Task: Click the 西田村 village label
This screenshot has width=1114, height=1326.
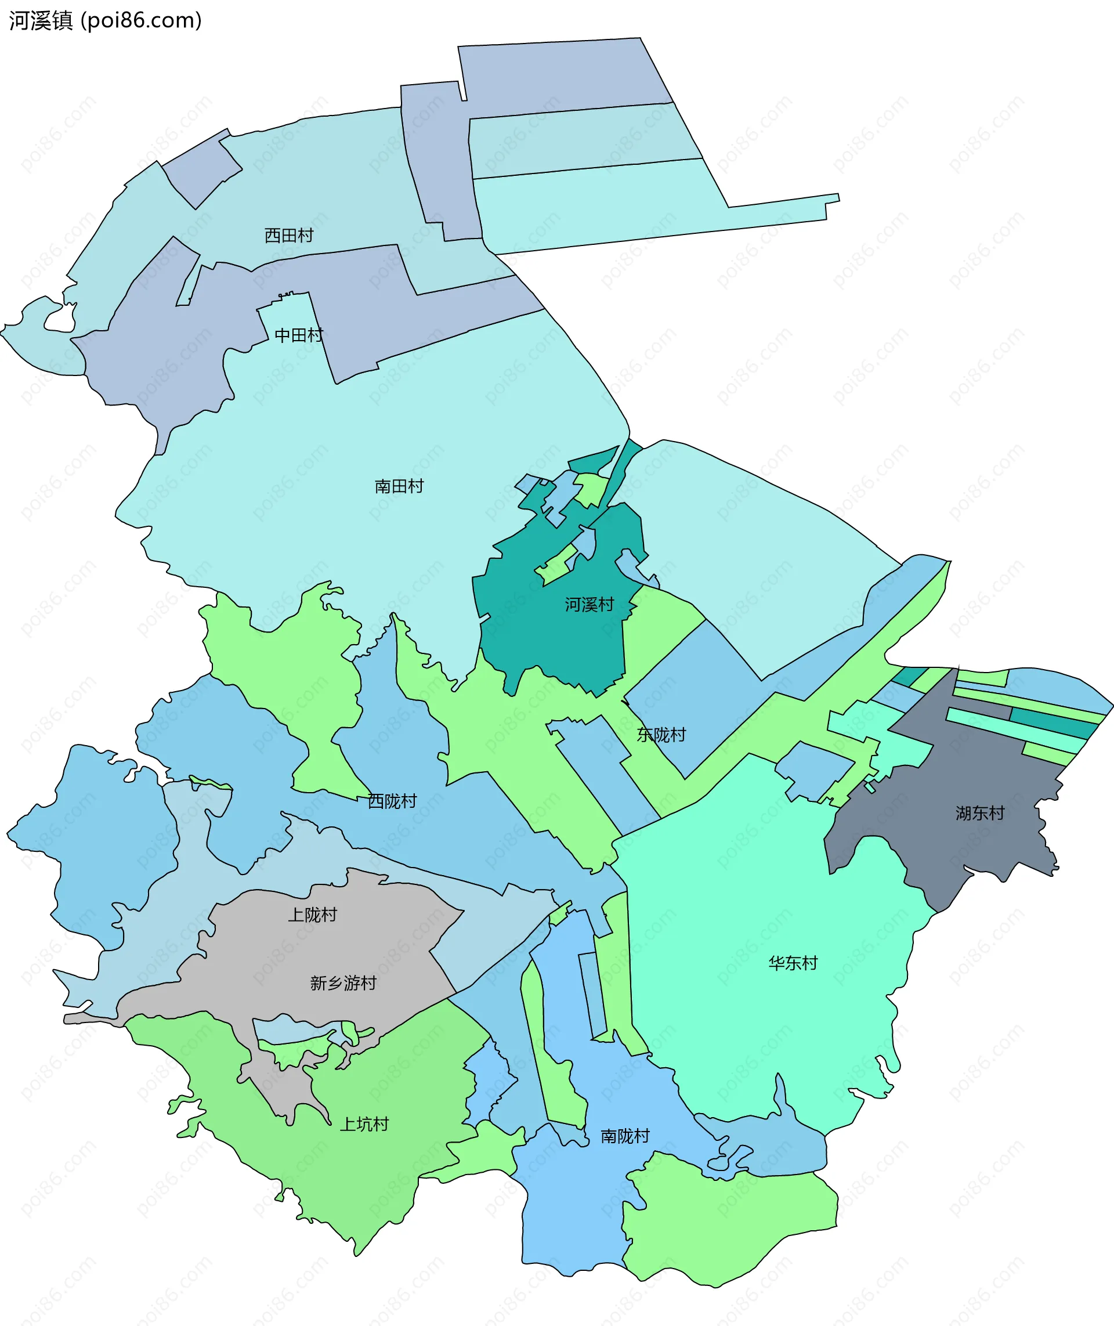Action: tap(288, 236)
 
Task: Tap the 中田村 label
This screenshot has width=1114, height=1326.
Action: tap(299, 335)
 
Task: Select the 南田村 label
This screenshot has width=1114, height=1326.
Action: tap(399, 486)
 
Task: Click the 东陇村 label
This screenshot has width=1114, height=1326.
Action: tap(661, 735)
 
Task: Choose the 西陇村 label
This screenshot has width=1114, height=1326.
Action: tap(392, 801)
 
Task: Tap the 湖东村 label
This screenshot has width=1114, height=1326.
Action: tap(979, 813)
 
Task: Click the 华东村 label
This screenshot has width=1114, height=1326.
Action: tap(793, 963)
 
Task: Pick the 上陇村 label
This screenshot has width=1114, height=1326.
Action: tap(312, 915)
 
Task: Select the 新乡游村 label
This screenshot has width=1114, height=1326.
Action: tap(343, 983)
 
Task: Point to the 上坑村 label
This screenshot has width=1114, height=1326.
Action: tap(364, 1124)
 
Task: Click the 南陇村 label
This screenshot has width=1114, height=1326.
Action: tap(624, 1136)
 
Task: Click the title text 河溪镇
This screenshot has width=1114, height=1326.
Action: tap(41, 21)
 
